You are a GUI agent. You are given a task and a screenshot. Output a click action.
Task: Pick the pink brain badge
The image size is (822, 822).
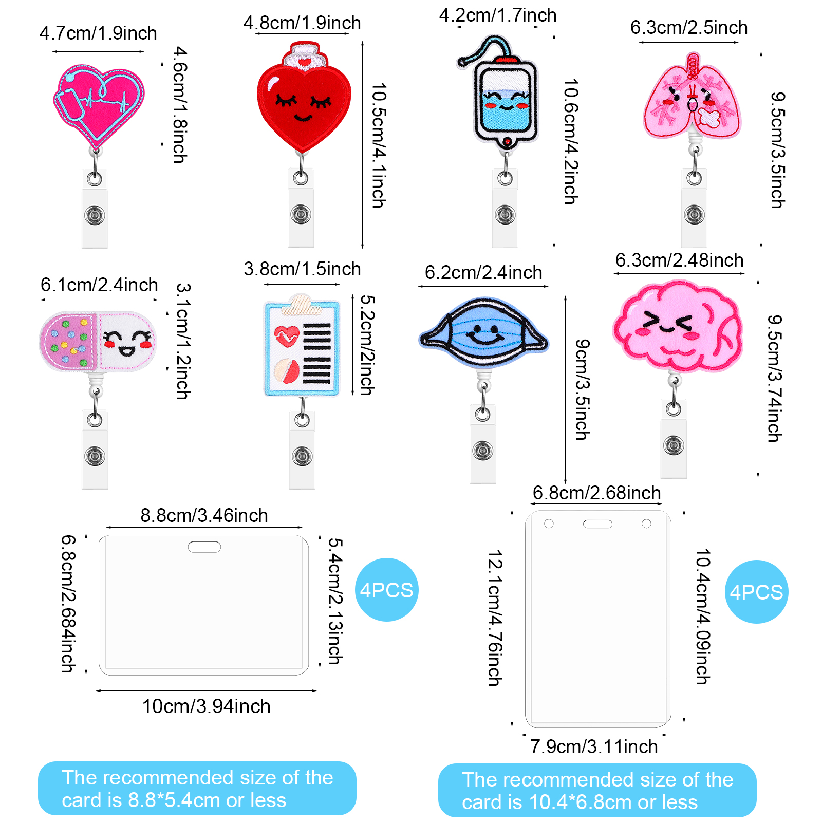pyautogui.click(x=677, y=326)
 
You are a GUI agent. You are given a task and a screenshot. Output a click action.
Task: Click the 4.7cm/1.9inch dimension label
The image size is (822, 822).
pyautogui.click(x=98, y=33)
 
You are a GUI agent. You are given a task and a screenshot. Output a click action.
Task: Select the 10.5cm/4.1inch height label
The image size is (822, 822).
pyautogui.click(x=379, y=145)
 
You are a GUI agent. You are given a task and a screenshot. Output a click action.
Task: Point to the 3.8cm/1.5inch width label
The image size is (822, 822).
pyautogui.click(x=302, y=269)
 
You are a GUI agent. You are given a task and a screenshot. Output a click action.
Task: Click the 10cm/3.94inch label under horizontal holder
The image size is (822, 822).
pyautogui.click(x=206, y=706)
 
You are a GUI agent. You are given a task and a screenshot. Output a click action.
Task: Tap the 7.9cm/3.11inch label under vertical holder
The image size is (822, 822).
pyautogui.click(x=594, y=746)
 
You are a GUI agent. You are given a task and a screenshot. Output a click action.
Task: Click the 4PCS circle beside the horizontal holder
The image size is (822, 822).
pyautogui.click(x=386, y=590)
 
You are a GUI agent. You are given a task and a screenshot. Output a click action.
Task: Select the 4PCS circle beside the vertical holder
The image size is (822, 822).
pyautogui.click(x=756, y=592)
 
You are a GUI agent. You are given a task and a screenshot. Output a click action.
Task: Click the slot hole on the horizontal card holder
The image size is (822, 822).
pyautogui.click(x=204, y=547)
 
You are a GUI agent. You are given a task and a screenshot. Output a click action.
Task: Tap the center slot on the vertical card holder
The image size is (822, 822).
pyautogui.click(x=597, y=524)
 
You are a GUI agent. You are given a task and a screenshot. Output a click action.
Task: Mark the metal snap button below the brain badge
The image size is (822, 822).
pyautogui.click(x=674, y=445)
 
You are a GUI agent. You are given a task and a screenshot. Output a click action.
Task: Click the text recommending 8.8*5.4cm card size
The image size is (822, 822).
pyautogui.click(x=197, y=789)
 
